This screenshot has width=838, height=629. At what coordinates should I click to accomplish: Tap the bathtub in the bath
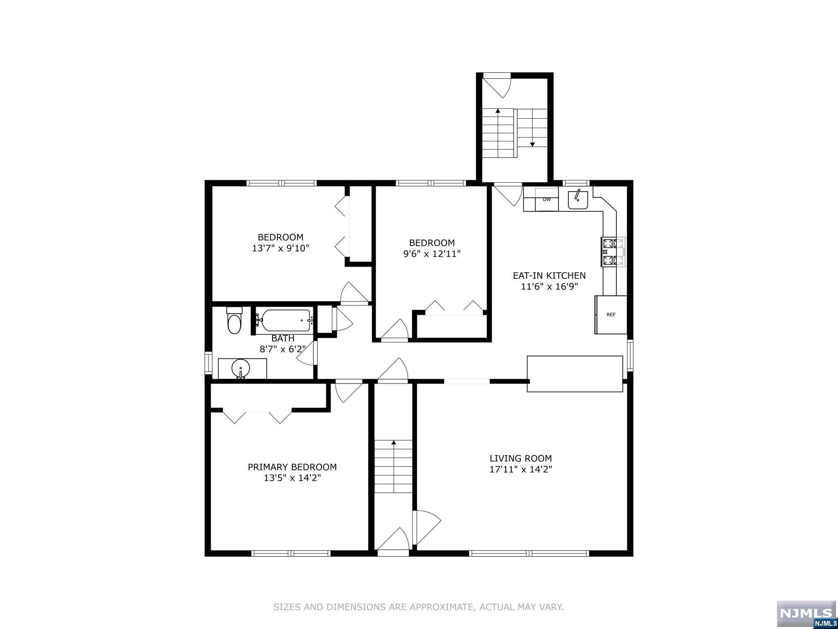pos(285,321)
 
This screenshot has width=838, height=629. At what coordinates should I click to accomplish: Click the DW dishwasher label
pos(547,199)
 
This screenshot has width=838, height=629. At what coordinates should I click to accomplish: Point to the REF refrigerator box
pos(611,314)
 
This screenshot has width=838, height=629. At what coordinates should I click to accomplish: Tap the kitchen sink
pos(578,200)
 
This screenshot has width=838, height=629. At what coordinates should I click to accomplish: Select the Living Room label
pos(521,458)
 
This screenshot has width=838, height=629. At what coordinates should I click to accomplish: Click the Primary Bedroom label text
pos(292,467)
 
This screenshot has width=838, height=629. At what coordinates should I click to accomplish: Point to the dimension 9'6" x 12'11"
pos(432,254)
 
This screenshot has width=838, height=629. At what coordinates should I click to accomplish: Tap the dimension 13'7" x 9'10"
pos(281,248)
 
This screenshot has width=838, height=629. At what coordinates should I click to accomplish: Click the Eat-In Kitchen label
pos(549,276)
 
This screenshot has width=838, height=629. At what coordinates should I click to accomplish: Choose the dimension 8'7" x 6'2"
pos(283,349)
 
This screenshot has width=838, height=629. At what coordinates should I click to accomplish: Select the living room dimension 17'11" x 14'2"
pos(521,469)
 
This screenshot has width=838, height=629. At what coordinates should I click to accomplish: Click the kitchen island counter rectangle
pos(575,374)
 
